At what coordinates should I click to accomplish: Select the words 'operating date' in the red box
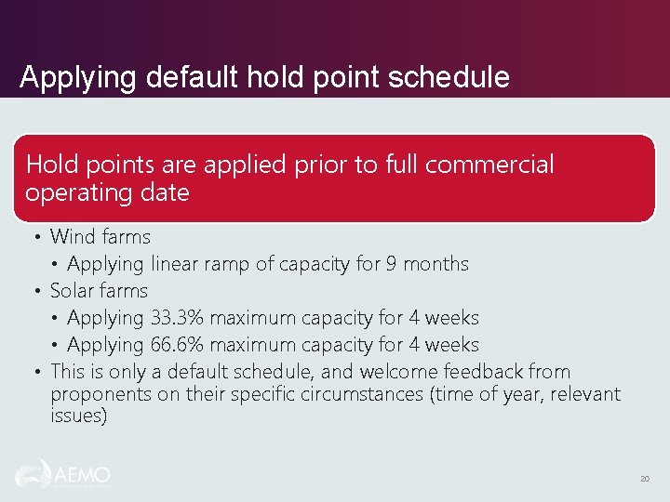point(107,193)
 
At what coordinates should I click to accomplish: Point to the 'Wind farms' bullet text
point(100,237)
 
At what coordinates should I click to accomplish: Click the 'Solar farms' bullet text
point(99,291)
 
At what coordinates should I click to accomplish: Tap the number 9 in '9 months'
point(393,264)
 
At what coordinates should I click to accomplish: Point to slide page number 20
point(644,479)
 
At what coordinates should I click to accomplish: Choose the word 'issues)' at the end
point(79,416)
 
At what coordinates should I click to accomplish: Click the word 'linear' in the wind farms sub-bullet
point(176,264)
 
